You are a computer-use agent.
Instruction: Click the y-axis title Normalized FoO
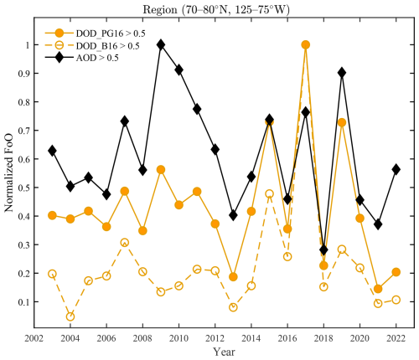point(10,176)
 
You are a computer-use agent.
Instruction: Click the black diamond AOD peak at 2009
point(161,44)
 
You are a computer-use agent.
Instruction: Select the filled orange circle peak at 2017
point(306,44)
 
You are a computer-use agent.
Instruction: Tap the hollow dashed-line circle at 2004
point(70,316)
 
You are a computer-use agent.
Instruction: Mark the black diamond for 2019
point(342,72)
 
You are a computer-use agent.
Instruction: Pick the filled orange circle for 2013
point(233,277)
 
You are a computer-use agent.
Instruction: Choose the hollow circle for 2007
point(124,242)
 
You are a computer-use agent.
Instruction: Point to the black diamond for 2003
point(52,151)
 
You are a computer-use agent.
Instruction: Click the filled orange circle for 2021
point(378,289)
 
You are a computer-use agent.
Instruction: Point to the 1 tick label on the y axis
point(27,44)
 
